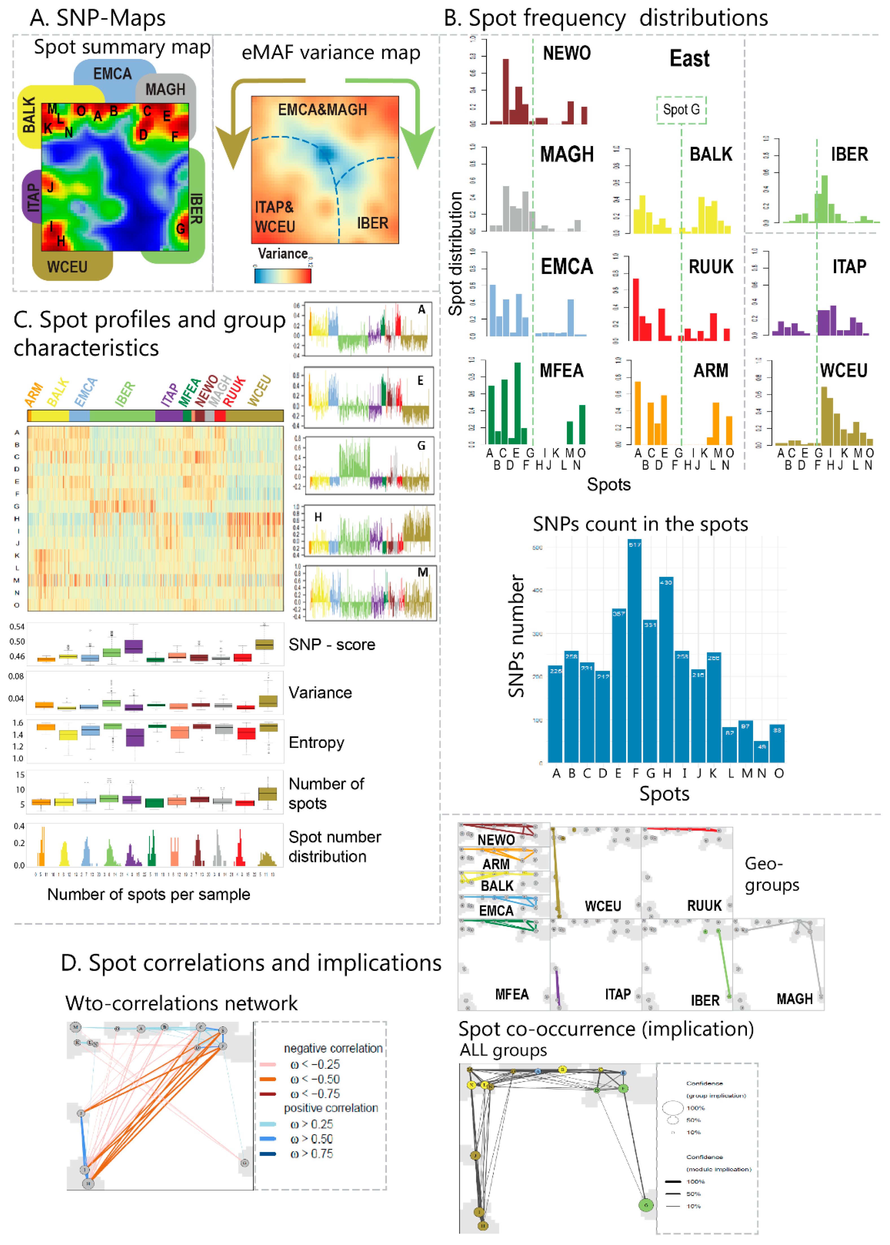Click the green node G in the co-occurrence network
[x=646, y=1204]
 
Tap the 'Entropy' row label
[x=316, y=742]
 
